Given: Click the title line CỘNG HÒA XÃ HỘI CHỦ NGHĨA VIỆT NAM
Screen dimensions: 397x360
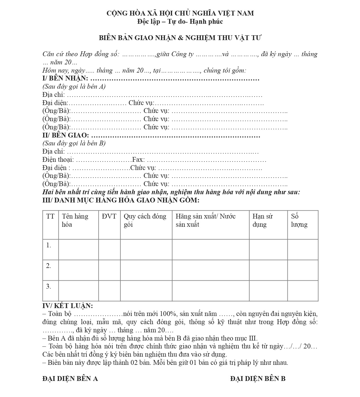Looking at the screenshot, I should [180, 13].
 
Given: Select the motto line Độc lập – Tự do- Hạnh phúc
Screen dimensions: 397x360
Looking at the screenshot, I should [180, 21].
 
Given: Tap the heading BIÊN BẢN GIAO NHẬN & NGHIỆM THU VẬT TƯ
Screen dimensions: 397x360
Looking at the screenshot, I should [180, 38].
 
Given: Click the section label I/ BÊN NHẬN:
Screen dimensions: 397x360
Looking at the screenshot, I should [65, 78].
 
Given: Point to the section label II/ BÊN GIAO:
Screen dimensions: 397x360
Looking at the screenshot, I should [66, 135].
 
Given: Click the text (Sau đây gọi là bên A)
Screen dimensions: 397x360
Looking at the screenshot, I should [74, 86].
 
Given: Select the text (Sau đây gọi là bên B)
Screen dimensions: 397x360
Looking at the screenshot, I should [74, 143].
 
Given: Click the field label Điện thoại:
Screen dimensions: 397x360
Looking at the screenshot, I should [58, 160].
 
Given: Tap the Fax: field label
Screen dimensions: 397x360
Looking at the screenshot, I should [138, 160].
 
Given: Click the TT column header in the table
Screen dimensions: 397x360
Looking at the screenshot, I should [50, 217].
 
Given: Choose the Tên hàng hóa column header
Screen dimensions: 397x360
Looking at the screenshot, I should [75, 220].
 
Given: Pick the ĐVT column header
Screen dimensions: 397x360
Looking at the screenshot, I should [109, 217].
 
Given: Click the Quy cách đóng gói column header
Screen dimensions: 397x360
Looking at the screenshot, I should [145, 220].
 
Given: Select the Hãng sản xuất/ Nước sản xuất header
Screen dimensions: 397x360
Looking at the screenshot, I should [205, 220].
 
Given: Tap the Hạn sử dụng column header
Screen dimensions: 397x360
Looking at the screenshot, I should [263, 220].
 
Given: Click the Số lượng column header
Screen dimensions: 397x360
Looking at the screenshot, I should [299, 220].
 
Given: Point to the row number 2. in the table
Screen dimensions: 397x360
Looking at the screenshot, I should [49, 266].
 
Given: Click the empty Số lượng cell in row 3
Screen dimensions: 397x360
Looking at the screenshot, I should [303, 291].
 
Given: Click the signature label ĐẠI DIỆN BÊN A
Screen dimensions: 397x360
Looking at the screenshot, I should [70, 379].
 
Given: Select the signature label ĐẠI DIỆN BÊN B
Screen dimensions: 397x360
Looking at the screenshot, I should [258, 379].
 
